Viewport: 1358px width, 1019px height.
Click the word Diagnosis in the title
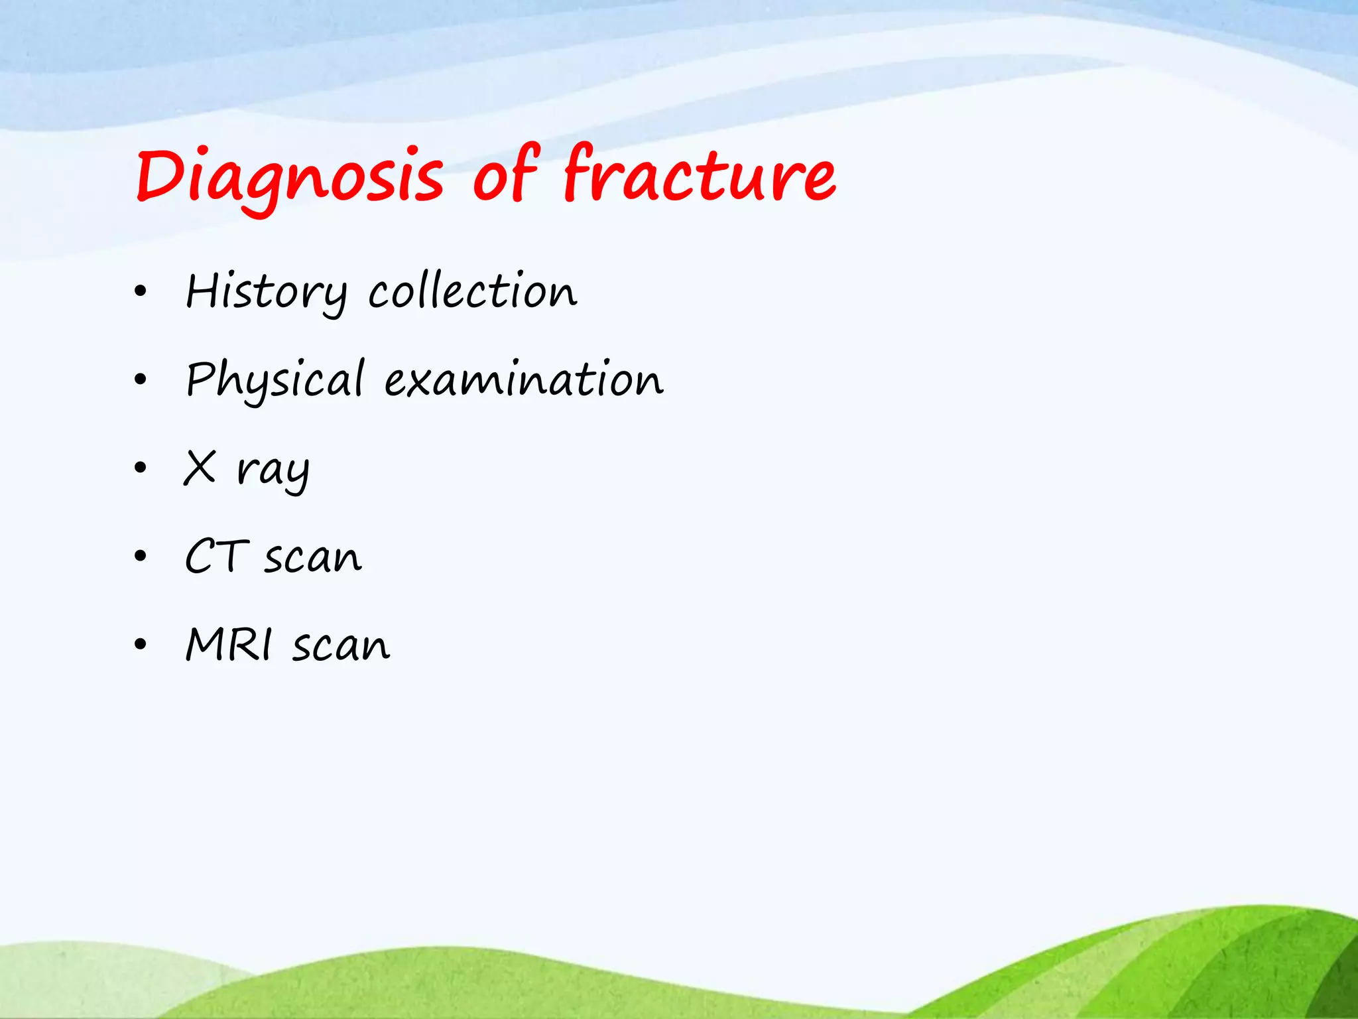point(290,176)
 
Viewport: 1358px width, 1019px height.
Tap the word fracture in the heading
point(700,174)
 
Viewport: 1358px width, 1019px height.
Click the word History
point(265,292)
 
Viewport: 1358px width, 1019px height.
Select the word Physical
point(275,379)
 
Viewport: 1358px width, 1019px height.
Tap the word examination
point(524,379)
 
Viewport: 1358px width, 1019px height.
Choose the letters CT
point(216,556)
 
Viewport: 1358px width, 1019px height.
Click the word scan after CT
point(313,557)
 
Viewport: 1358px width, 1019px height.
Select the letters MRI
point(229,644)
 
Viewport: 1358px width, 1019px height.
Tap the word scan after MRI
point(341,645)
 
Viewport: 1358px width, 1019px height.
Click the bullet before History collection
point(140,292)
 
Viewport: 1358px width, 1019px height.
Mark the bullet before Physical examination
point(140,380)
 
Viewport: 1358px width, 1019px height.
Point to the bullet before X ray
point(140,468)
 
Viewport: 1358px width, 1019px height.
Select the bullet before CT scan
point(140,557)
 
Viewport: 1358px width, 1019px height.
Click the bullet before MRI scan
point(140,645)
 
